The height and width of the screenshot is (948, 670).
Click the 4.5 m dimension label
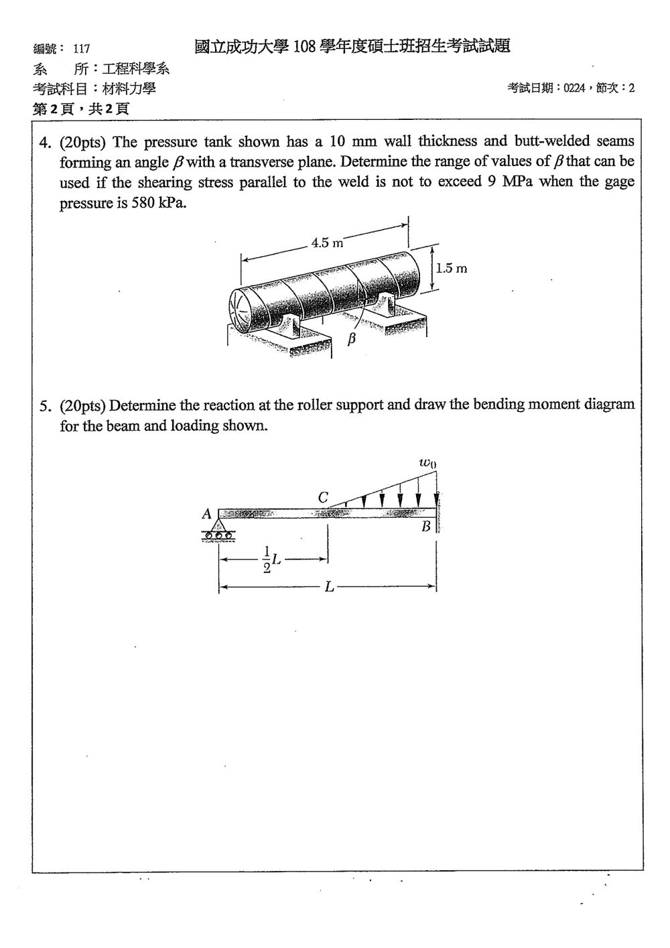(x=327, y=243)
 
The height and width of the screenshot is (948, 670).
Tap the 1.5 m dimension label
(x=451, y=268)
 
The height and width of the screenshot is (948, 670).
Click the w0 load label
(x=427, y=463)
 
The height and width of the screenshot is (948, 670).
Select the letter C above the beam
(x=323, y=497)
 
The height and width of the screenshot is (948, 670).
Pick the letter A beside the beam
(x=206, y=515)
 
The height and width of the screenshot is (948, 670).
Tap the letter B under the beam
(x=426, y=527)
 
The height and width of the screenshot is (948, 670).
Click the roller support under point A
(x=218, y=530)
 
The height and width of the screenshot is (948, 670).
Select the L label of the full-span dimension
(x=329, y=587)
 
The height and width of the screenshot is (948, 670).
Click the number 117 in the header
(x=82, y=49)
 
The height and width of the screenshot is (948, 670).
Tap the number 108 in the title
(x=305, y=46)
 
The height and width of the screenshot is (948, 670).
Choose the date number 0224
(x=574, y=88)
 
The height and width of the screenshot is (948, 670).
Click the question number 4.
(x=44, y=143)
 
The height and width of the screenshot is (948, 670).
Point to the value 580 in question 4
(x=143, y=203)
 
